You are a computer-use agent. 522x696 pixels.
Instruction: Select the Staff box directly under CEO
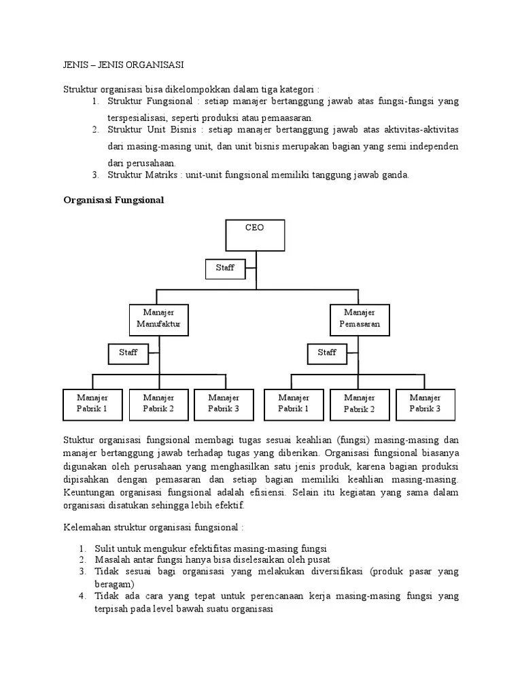coord(225,268)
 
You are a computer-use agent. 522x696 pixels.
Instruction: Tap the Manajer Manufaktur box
coord(159,319)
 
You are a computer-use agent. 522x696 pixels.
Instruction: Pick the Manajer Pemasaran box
coord(360,319)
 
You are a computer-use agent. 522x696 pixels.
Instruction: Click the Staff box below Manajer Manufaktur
coord(128,353)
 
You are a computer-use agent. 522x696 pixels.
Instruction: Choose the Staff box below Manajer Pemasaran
coord(327,353)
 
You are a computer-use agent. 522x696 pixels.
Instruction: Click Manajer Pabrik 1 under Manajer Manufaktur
coord(92,403)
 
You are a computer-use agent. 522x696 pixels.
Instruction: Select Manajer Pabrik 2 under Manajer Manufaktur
coord(158,403)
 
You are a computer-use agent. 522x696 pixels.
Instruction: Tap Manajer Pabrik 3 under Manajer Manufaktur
coord(224,403)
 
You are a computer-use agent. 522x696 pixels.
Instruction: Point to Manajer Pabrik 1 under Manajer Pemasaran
coord(293,403)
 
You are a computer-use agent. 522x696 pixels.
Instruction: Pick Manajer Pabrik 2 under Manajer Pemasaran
coord(360,403)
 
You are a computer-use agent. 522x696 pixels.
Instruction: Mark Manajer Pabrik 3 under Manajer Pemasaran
coord(425,403)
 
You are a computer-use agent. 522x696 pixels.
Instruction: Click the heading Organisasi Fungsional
coord(114,200)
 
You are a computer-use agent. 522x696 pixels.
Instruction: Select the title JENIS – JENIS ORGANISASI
coord(123,65)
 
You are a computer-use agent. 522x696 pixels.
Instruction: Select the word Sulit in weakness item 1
coord(105,548)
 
